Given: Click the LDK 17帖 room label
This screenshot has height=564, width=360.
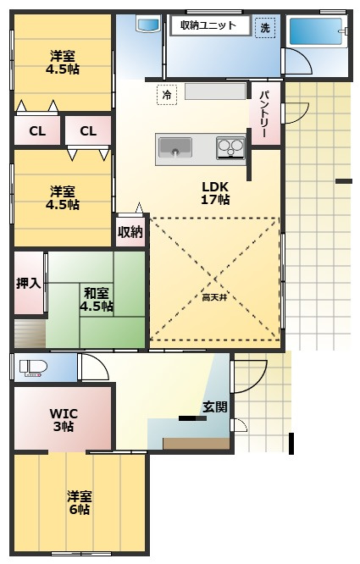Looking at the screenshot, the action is (x=215, y=193).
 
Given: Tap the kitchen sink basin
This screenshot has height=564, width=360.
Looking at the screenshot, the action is (x=175, y=148).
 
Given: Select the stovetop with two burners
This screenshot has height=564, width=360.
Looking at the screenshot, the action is (x=231, y=147).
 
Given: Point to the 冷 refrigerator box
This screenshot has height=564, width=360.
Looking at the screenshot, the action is (x=167, y=95).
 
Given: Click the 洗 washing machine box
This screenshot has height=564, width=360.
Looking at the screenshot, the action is (x=265, y=28).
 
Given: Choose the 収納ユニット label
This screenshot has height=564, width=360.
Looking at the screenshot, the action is (x=208, y=25).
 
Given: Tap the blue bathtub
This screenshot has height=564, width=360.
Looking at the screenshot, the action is (x=316, y=31).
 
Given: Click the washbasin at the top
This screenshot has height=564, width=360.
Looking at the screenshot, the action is (x=148, y=24).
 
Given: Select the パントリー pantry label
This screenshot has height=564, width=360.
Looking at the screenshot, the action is (x=265, y=113).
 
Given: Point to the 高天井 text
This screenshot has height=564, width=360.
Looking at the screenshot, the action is (x=214, y=297).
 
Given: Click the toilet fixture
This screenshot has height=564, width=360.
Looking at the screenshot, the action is (x=33, y=368).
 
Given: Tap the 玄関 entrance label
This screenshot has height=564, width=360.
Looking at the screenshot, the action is (x=215, y=406).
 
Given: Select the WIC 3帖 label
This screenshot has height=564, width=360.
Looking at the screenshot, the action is (x=64, y=420).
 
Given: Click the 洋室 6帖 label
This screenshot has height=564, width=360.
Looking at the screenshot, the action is (x=80, y=503).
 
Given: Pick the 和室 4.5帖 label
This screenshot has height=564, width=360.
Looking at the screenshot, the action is (x=97, y=300).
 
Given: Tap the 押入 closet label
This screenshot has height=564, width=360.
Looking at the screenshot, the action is (x=29, y=284).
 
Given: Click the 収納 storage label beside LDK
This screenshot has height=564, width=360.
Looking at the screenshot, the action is (x=130, y=232).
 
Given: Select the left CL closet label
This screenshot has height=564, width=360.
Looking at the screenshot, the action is (x=37, y=131).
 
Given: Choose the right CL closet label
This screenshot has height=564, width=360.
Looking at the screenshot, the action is (x=88, y=131).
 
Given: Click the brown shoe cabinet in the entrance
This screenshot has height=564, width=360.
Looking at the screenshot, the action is (x=197, y=444).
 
